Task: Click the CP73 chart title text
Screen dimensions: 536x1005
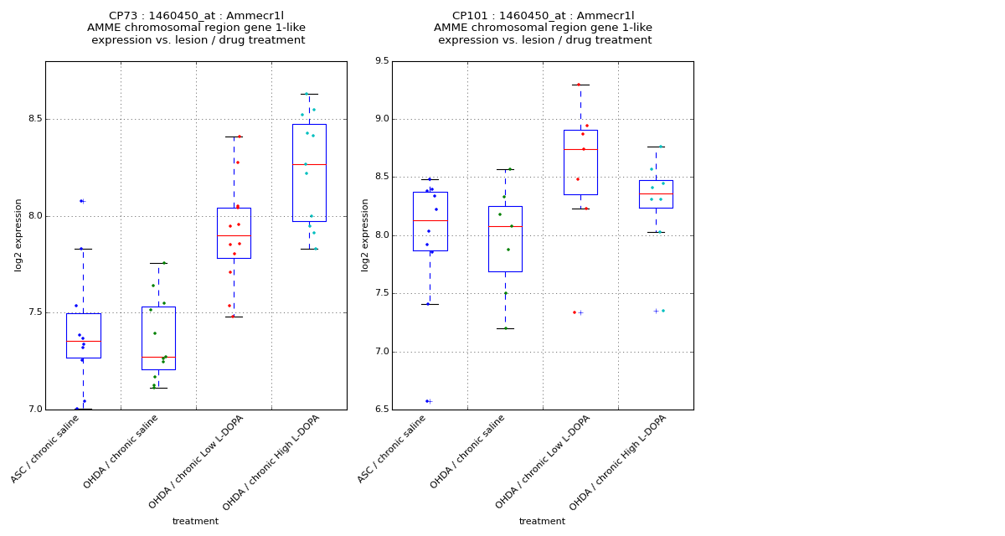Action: click(196, 28)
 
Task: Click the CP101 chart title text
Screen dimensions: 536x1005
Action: click(543, 28)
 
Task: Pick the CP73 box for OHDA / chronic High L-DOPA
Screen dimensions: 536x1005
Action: click(309, 173)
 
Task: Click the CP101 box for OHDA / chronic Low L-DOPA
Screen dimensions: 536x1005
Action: click(580, 162)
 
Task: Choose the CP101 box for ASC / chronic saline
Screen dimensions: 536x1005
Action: click(430, 221)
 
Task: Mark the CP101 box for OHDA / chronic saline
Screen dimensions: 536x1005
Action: click(505, 239)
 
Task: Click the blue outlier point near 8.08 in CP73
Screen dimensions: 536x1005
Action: click(81, 201)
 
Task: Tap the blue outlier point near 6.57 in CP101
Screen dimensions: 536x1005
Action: click(427, 401)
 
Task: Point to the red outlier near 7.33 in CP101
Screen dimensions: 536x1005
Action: click(575, 312)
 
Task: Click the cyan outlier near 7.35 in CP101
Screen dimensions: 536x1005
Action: click(663, 311)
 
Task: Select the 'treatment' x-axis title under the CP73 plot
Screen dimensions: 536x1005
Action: click(195, 522)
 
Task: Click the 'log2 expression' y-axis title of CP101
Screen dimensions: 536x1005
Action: click(365, 234)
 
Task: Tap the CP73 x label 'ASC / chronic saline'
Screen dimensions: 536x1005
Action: click(57, 449)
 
